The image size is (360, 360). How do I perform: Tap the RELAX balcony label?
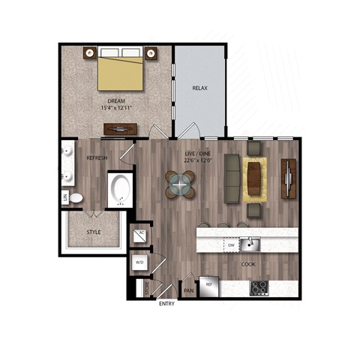tap(199, 88)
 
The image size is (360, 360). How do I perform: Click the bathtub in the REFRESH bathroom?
tap(120, 190)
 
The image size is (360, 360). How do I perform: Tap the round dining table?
tap(180, 184)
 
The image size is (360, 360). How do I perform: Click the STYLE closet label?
tap(94, 232)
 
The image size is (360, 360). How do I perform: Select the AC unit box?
tap(141, 235)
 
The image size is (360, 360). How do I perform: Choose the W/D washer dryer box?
tap(140, 262)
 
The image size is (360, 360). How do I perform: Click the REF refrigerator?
tap(209, 286)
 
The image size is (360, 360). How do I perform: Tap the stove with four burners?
tap(259, 287)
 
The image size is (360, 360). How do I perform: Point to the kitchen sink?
tap(254, 244)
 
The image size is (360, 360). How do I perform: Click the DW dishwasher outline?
tap(230, 244)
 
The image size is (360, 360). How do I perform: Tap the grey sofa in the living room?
tap(232, 180)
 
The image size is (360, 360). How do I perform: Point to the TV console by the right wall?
tap(289, 178)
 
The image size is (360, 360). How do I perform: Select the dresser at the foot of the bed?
tap(120, 129)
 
